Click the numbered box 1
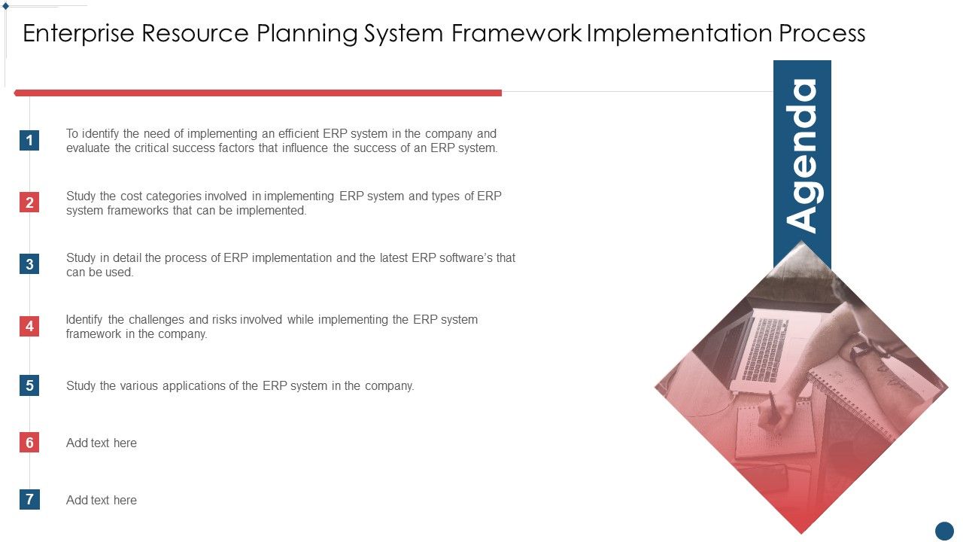point(29,140)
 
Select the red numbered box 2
point(29,202)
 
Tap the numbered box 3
point(29,263)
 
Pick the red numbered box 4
point(29,326)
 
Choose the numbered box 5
point(29,385)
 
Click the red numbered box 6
point(29,443)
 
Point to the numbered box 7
point(29,500)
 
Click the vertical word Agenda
point(802,155)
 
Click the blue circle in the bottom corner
point(944,531)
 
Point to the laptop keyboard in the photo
point(765,349)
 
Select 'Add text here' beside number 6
point(102,443)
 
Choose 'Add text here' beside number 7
point(102,500)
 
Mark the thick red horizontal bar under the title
point(258,93)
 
